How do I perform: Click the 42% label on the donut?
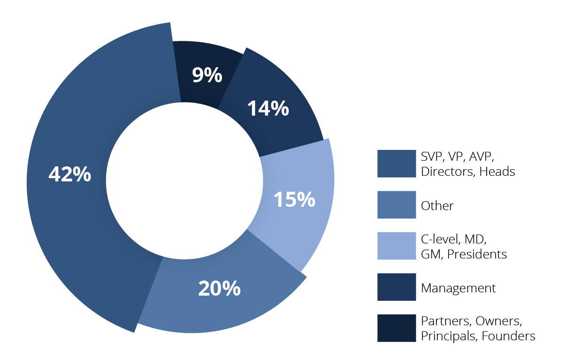[70, 174]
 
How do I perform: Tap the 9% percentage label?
[207, 75]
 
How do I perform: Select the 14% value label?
[268, 109]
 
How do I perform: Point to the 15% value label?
[294, 199]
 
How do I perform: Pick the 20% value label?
[219, 288]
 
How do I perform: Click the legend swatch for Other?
[396, 205]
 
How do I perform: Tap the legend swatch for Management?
[396, 287]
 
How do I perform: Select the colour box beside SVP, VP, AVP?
[396, 164]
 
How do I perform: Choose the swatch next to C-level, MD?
[396, 246]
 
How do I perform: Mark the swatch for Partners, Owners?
[396, 328]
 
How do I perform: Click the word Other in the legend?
[437, 206]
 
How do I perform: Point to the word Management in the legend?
[458, 288]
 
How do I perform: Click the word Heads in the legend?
[497, 172]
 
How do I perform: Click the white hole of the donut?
[184, 180]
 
